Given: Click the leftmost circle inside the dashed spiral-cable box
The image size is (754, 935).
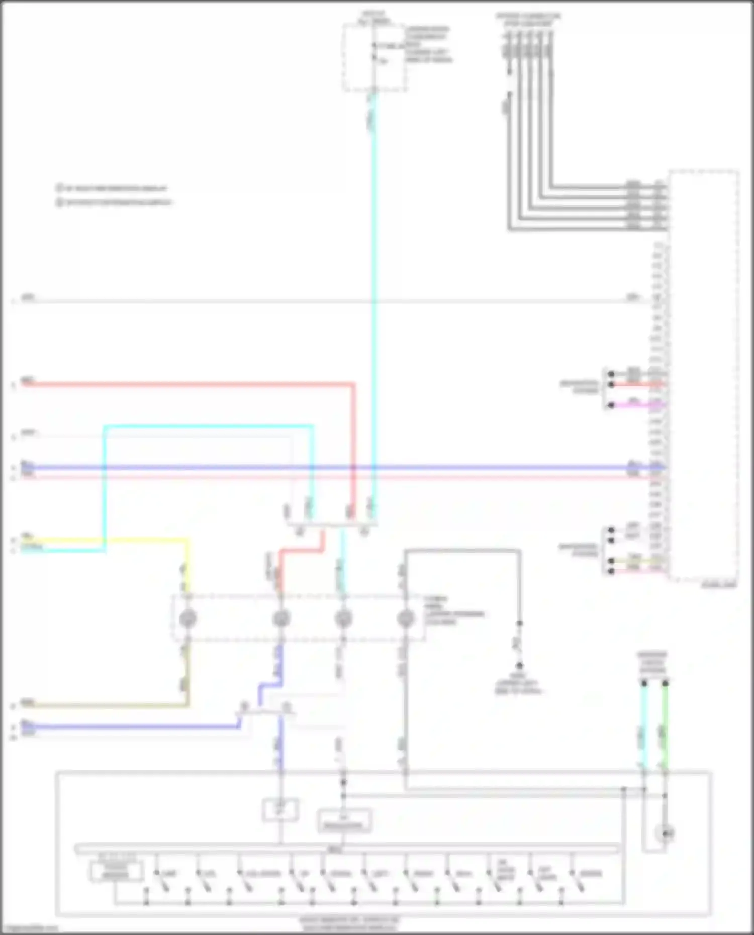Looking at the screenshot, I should (187, 618).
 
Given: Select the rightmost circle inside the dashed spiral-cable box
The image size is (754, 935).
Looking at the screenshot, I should (406, 618).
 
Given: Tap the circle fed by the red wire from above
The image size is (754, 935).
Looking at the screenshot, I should (281, 618).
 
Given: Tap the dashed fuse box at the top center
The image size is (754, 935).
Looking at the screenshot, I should (374, 58).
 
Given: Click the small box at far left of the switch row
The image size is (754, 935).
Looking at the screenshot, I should (116, 872).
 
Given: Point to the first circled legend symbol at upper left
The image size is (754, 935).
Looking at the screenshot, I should (59, 188).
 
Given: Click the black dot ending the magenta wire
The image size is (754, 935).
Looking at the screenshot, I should (611, 405).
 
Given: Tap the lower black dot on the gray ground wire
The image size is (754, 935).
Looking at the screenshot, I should (519, 665).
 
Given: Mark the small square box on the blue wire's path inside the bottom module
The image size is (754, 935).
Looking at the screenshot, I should (280, 809).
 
